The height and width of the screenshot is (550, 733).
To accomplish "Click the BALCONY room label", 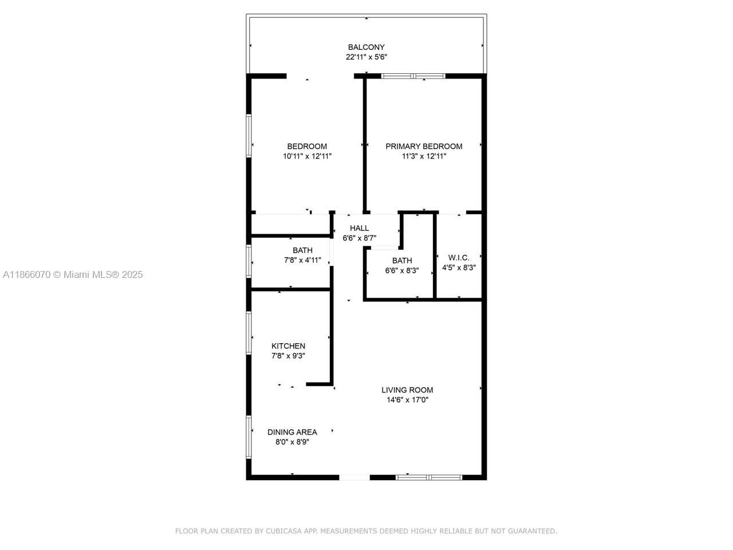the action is coord(366,47).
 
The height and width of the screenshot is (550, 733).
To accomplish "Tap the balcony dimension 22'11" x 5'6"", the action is coord(366,57).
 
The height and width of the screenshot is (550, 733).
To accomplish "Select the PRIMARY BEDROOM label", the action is coord(424,146).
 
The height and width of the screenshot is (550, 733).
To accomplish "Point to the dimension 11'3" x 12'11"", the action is coord(424,156).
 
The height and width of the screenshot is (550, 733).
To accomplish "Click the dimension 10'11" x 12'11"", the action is coord(307,156).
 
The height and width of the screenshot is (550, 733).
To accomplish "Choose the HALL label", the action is coord(359,228).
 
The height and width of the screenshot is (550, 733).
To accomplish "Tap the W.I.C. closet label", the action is coord(459,257).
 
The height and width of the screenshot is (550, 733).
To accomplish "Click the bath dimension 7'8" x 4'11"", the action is coord(302,260).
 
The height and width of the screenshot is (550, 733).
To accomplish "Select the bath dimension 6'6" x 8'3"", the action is coord(402,270).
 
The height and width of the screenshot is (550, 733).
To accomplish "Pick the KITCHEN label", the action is coord(288,346).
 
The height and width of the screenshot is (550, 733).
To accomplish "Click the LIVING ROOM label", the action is coord(407,390).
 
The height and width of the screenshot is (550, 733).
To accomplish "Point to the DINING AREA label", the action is coord(292,432).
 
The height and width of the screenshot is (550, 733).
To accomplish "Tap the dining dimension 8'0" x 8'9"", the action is coord(292,442).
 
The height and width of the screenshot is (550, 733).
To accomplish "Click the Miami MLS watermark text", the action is coord(73,274).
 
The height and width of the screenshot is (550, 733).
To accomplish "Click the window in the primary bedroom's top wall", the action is coord(413,76).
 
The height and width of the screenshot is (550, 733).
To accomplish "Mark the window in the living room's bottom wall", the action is coord(429,478).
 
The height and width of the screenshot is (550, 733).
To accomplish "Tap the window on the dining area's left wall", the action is coord(249,437).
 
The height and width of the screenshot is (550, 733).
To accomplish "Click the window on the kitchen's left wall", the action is coord(249,333).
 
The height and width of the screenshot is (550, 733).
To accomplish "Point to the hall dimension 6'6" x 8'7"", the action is coord(359,238).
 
